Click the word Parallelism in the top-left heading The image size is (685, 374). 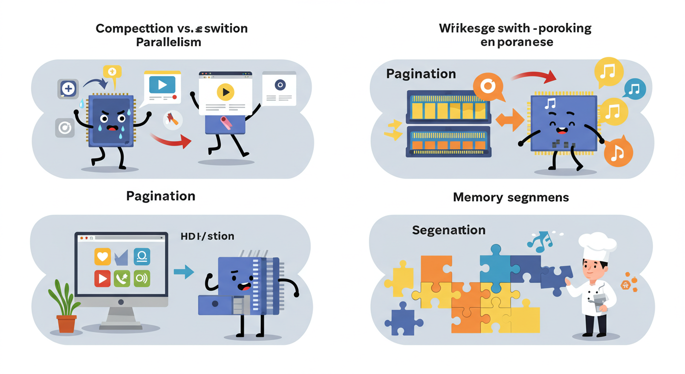(x=168, y=42)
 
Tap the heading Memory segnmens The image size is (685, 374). (x=511, y=197)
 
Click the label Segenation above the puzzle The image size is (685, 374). (x=449, y=230)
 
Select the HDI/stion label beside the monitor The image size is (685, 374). (x=207, y=236)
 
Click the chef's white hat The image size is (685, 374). (x=596, y=245)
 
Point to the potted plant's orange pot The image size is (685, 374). (x=67, y=323)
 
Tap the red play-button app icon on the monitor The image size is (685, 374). (x=103, y=279)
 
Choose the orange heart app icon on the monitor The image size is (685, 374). (x=103, y=257)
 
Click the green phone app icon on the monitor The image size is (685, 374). (x=122, y=279)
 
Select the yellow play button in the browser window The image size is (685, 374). (x=225, y=92)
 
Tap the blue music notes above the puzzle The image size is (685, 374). (x=540, y=241)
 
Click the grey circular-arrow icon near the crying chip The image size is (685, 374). (x=64, y=128)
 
